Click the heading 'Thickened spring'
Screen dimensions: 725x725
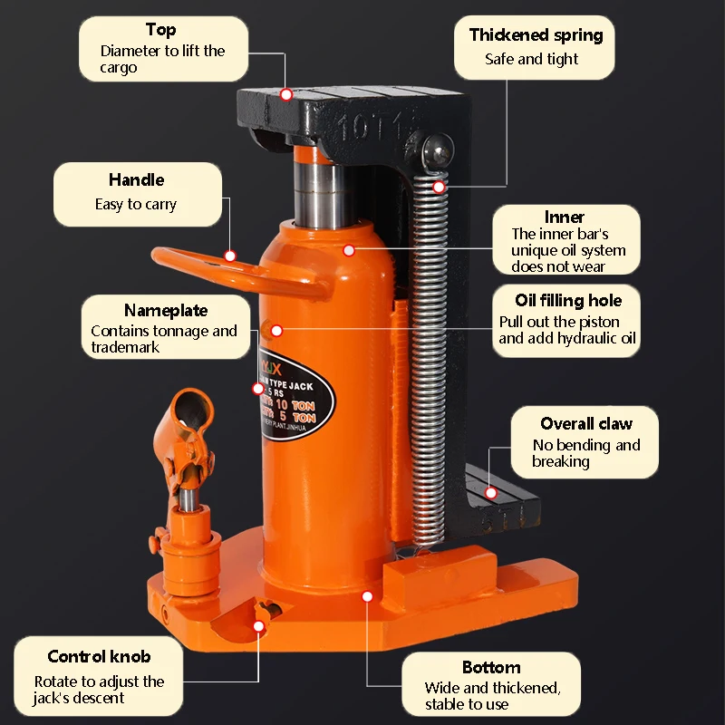click(x=536, y=35)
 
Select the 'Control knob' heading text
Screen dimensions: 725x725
click(x=99, y=656)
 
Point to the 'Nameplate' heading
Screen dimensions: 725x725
click(x=166, y=311)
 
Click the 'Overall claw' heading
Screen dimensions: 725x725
click(x=586, y=423)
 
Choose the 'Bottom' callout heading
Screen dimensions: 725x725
click(x=491, y=667)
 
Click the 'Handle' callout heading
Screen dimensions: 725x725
click(x=136, y=179)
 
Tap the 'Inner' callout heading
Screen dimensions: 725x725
click(x=564, y=217)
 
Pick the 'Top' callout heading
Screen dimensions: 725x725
click(x=160, y=30)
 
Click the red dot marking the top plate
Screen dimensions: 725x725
click(x=286, y=94)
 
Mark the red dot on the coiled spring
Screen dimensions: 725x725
click(x=440, y=188)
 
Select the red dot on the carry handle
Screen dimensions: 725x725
click(x=230, y=256)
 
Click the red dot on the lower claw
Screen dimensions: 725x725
click(x=491, y=493)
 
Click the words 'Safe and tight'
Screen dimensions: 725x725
click(x=531, y=59)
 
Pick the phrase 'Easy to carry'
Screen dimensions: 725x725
click(x=136, y=204)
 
